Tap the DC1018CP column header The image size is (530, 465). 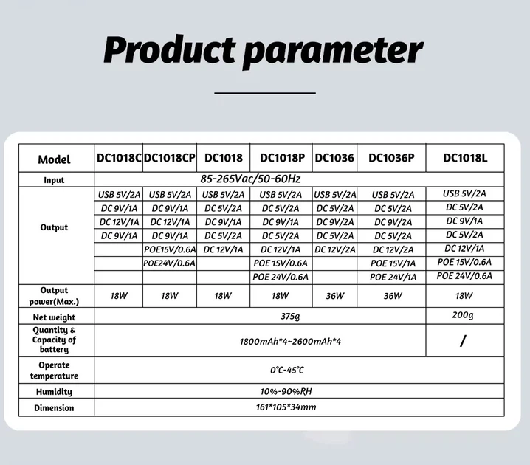[169, 158]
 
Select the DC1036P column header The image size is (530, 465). [391, 158]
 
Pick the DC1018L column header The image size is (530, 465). [465, 158]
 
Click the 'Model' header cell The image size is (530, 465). [54, 159]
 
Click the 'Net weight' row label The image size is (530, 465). [54, 317]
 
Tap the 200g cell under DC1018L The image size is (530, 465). [464, 316]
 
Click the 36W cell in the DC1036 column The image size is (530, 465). [334, 296]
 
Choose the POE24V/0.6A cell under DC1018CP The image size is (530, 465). [169, 263]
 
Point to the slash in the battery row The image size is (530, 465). [463, 341]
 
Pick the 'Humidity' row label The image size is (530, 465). [54, 392]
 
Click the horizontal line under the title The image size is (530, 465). [264, 93]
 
